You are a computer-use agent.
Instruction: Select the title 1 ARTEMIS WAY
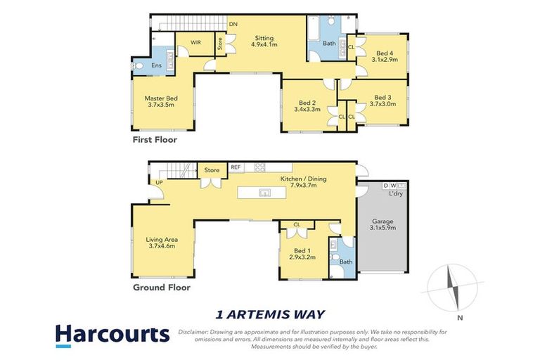270,314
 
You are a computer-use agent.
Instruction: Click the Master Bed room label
160,101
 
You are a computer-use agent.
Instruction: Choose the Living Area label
160,243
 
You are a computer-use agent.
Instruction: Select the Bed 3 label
382,101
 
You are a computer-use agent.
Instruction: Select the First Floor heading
155,140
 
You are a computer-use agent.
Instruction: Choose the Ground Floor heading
162,287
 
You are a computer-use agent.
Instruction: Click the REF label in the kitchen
236,167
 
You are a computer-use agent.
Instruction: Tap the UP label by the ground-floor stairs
159,183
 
